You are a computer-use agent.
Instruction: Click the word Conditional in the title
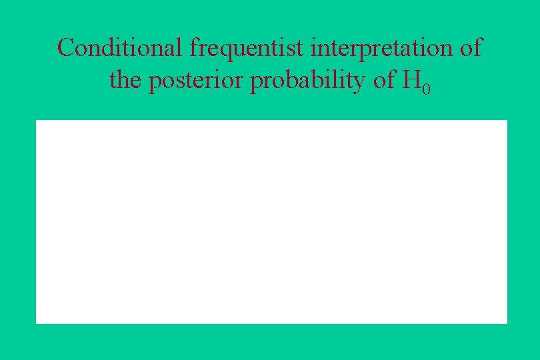(x=121, y=48)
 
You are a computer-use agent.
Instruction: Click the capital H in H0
(x=411, y=81)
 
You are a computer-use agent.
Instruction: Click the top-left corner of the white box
(x=37, y=121)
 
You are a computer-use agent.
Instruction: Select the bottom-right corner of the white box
(x=507, y=323)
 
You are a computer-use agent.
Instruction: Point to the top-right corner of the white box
(x=507, y=121)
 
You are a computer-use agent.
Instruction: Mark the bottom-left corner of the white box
(x=37, y=323)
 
